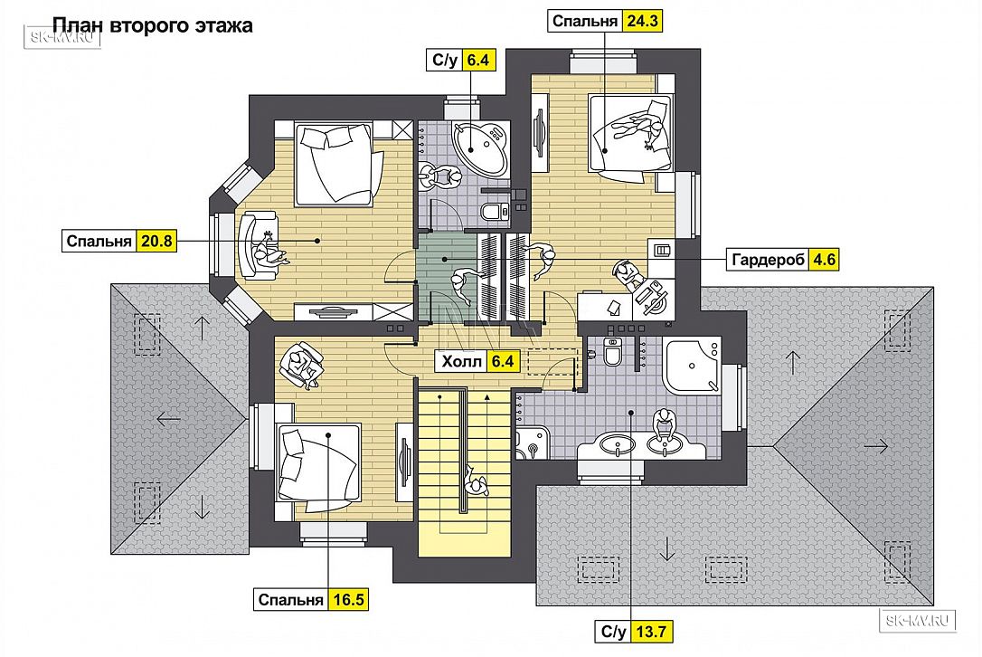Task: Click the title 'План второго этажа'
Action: point(152,25)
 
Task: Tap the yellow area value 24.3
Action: point(642,22)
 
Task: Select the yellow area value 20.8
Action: point(156,241)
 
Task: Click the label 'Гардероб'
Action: point(768,260)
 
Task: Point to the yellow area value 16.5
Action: point(348,600)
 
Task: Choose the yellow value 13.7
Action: point(651,632)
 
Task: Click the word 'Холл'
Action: point(462,362)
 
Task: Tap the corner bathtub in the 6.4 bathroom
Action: point(481,148)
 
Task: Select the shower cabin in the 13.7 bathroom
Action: point(692,366)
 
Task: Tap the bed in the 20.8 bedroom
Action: point(335,165)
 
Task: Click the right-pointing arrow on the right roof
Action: point(875,446)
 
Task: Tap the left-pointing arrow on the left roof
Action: point(169,418)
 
